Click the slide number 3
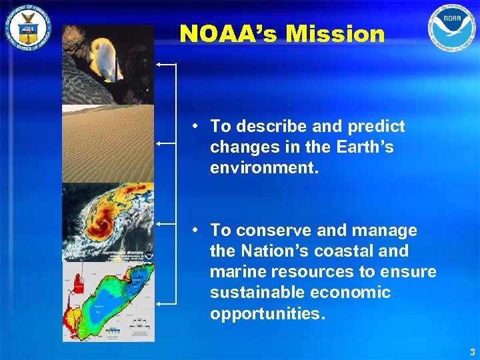(472, 351)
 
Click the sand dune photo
(107, 143)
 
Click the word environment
(264, 168)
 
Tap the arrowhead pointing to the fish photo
(159, 65)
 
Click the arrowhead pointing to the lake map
(159, 304)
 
